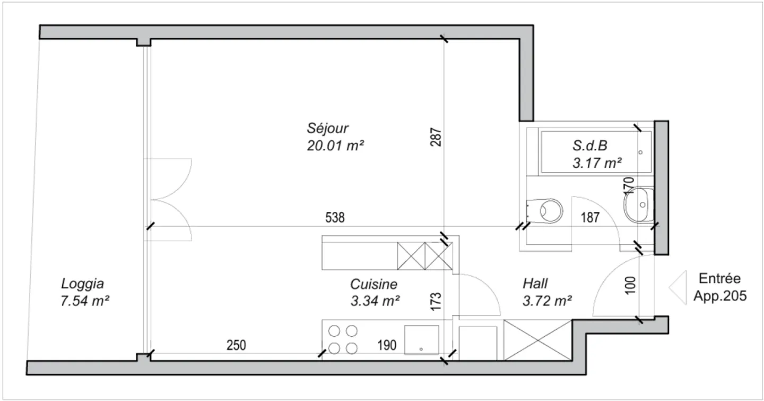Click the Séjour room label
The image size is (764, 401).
pyautogui.click(x=327, y=128)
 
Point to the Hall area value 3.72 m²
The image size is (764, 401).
pyautogui.click(x=547, y=301)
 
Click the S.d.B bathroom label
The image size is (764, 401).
pyautogui.click(x=589, y=146)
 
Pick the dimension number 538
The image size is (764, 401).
pyautogui.click(x=335, y=217)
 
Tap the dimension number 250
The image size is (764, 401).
pyautogui.click(x=236, y=345)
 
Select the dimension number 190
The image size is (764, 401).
pyautogui.click(x=387, y=345)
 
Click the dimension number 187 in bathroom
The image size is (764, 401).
pyautogui.click(x=590, y=217)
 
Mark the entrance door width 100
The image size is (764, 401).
pyautogui.click(x=630, y=285)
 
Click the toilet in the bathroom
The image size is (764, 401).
pyautogui.click(x=546, y=210)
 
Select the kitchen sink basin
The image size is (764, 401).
pyautogui.click(x=421, y=340)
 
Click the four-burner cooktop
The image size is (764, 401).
pyautogui.click(x=342, y=340)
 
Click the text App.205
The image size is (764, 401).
pyautogui.click(x=719, y=296)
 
